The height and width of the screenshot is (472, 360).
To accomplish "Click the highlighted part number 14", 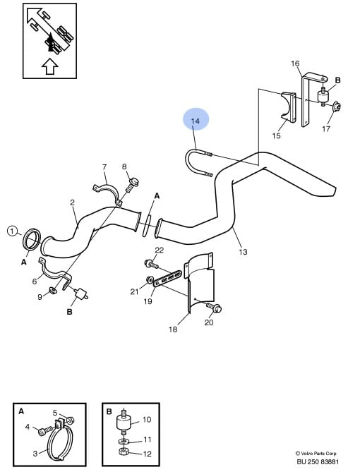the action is click(x=196, y=121).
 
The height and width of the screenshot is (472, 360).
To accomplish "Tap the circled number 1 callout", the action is click(x=12, y=231).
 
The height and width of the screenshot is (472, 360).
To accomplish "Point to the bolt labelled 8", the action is click(x=132, y=185).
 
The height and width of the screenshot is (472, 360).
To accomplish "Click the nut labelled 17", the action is click(x=337, y=107).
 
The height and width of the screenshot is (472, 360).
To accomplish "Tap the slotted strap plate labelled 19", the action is click(x=167, y=279).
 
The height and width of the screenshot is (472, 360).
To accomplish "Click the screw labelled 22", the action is click(x=151, y=265).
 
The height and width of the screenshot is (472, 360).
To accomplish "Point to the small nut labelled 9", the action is click(x=52, y=290).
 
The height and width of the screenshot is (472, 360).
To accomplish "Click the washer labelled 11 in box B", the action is click(x=124, y=442).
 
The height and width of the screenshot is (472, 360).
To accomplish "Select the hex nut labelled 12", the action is click(x=124, y=452).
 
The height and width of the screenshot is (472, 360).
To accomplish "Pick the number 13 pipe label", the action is click(x=243, y=252).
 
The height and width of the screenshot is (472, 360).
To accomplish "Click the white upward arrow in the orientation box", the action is click(x=49, y=66).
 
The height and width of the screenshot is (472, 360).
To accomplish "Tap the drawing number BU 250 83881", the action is click(x=318, y=461).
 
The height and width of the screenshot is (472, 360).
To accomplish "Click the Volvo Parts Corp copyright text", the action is click(x=316, y=453).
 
